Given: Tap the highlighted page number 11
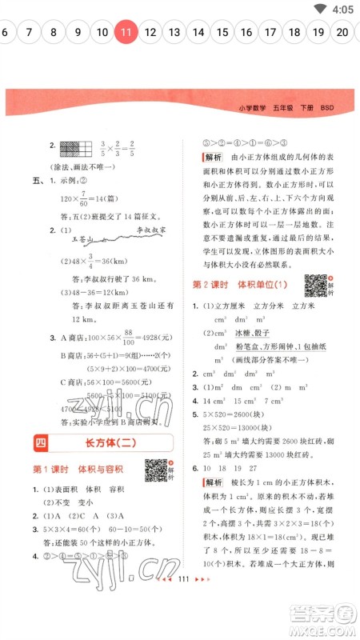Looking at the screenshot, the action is point(126,32).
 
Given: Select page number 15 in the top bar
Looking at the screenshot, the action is point(222,32).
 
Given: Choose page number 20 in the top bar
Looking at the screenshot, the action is point(342,32).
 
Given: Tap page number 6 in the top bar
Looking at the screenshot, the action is point(6,32).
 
